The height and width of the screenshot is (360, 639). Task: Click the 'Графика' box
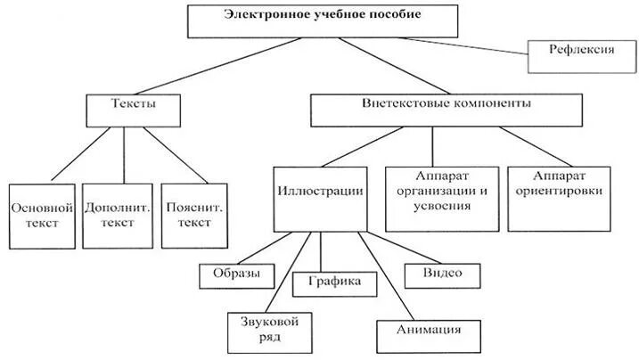pyautogui.click(x=335, y=283)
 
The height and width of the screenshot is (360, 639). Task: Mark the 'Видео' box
pyautogui.click(x=442, y=275)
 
